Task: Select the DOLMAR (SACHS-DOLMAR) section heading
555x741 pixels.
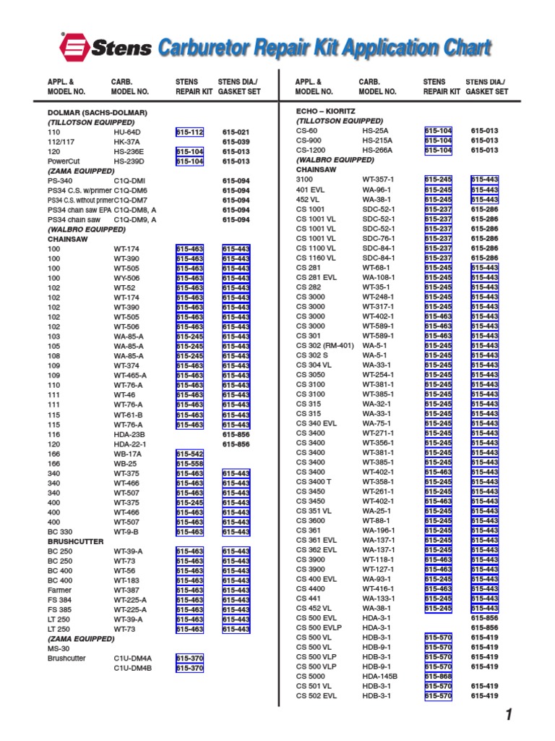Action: coord(98,113)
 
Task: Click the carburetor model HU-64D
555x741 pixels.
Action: coord(127,132)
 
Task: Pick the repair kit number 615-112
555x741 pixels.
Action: coord(189,132)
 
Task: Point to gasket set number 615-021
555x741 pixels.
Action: coord(236,132)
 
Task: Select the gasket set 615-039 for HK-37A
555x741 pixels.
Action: coord(236,142)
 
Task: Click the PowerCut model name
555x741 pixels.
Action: coord(62,161)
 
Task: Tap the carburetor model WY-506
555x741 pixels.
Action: coord(127,278)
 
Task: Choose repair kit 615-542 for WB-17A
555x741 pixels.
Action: coord(189,453)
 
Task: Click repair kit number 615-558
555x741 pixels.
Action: coord(189,463)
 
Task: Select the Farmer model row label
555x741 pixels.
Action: coord(59,590)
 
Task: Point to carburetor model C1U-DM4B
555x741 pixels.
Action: coord(132,668)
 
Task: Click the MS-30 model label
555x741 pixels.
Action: coord(58,648)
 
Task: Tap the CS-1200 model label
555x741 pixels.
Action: coord(311,150)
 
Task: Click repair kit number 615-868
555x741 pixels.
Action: coord(438,676)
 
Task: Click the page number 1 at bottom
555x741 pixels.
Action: coord(509,716)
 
